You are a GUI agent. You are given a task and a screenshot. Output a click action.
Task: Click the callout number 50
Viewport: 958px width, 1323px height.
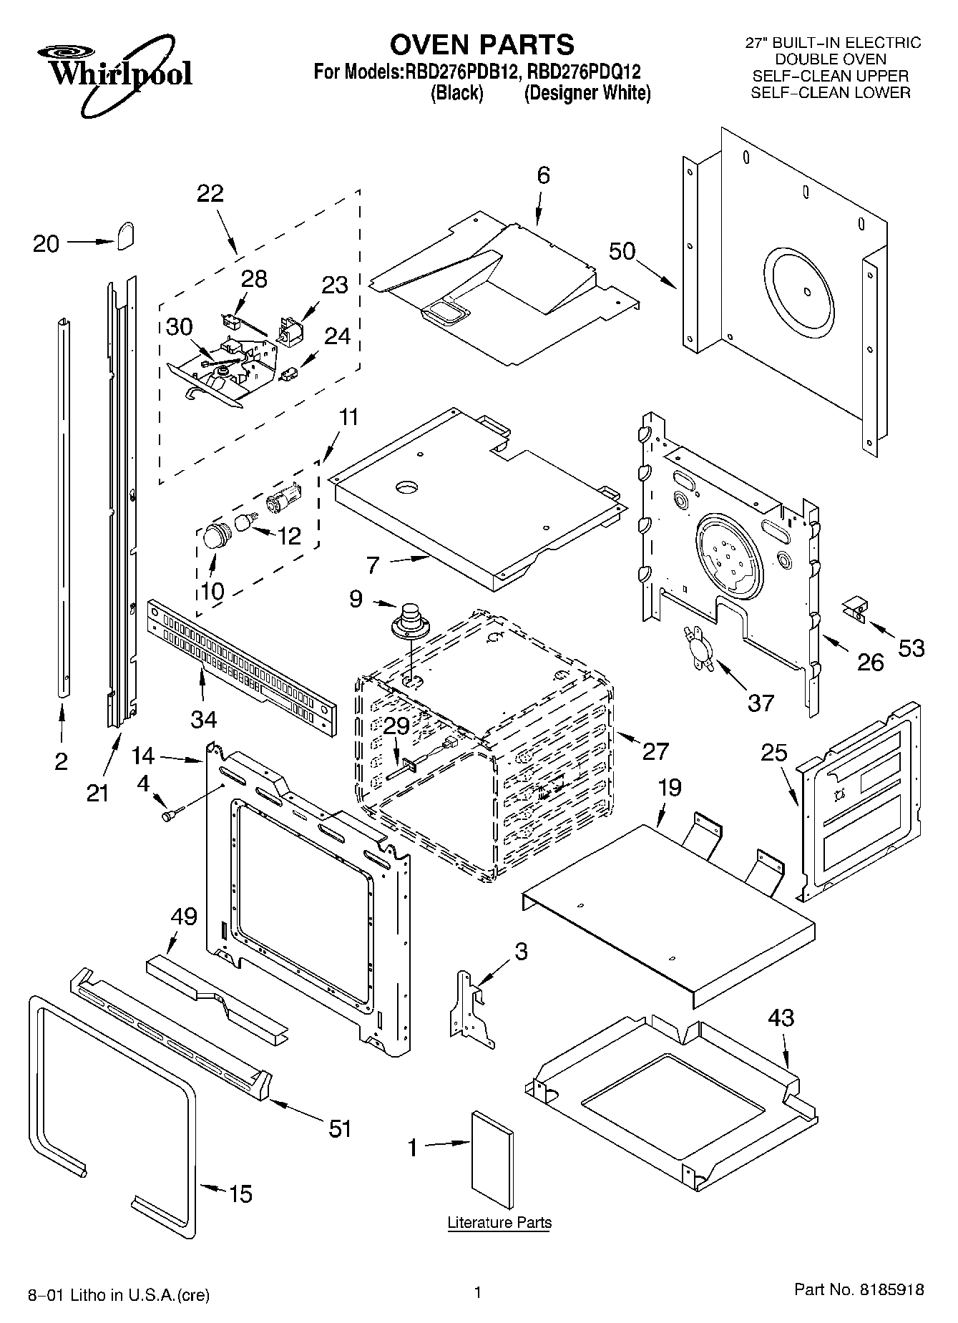(622, 251)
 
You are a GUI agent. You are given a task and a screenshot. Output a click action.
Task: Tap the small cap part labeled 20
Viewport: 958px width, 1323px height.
(127, 235)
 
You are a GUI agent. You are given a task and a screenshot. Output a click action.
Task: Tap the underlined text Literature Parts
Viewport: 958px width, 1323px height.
(499, 1222)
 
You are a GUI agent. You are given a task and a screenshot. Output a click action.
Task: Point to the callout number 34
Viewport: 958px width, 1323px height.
(203, 718)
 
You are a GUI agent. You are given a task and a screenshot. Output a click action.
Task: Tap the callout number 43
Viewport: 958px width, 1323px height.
(781, 1017)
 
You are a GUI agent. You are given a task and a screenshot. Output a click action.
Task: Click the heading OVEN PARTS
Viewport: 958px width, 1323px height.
(482, 44)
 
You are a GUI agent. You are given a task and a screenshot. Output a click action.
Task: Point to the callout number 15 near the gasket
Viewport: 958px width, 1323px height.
(240, 1193)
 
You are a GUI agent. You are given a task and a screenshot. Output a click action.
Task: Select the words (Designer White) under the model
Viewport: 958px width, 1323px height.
(587, 94)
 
